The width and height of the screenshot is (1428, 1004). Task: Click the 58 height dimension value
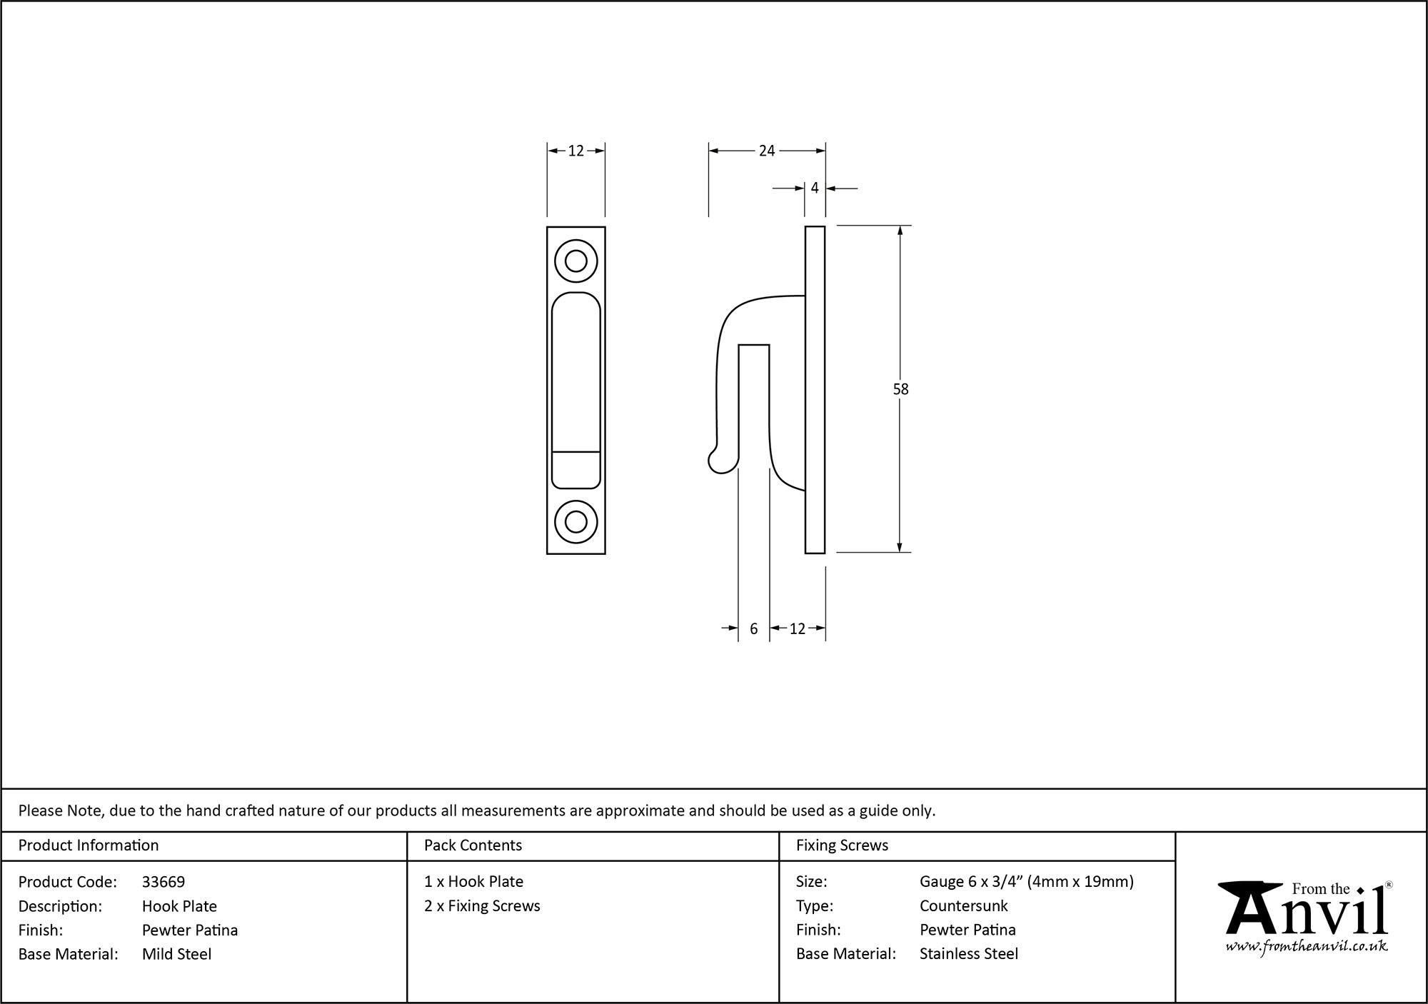point(900,389)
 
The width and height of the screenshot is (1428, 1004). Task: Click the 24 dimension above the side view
point(767,151)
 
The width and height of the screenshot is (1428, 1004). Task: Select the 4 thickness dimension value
point(815,189)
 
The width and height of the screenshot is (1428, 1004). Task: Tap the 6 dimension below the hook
point(753,629)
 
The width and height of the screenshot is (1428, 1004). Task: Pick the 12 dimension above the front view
point(576,151)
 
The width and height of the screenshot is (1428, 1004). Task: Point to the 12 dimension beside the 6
point(798,629)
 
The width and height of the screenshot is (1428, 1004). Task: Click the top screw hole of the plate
point(575,261)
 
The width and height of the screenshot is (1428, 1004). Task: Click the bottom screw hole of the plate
point(575,521)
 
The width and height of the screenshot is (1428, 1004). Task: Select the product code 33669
point(164,882)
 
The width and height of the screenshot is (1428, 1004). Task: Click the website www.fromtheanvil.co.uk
point(1306,947)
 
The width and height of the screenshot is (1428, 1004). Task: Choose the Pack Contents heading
point(473,845)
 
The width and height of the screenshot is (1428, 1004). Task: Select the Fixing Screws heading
point(842,845)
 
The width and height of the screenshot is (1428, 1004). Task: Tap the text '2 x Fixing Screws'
point(482,906)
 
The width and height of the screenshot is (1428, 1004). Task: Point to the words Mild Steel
point(176,954)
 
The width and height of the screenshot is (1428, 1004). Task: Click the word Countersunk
point(963,906)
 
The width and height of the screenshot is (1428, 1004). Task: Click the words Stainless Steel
point(968,954)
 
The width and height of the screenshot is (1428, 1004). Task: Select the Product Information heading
point(89,845)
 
